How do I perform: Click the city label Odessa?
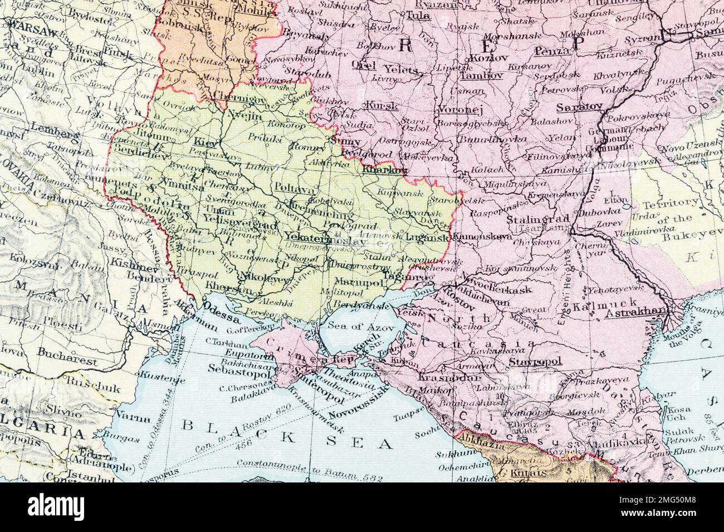221,320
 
